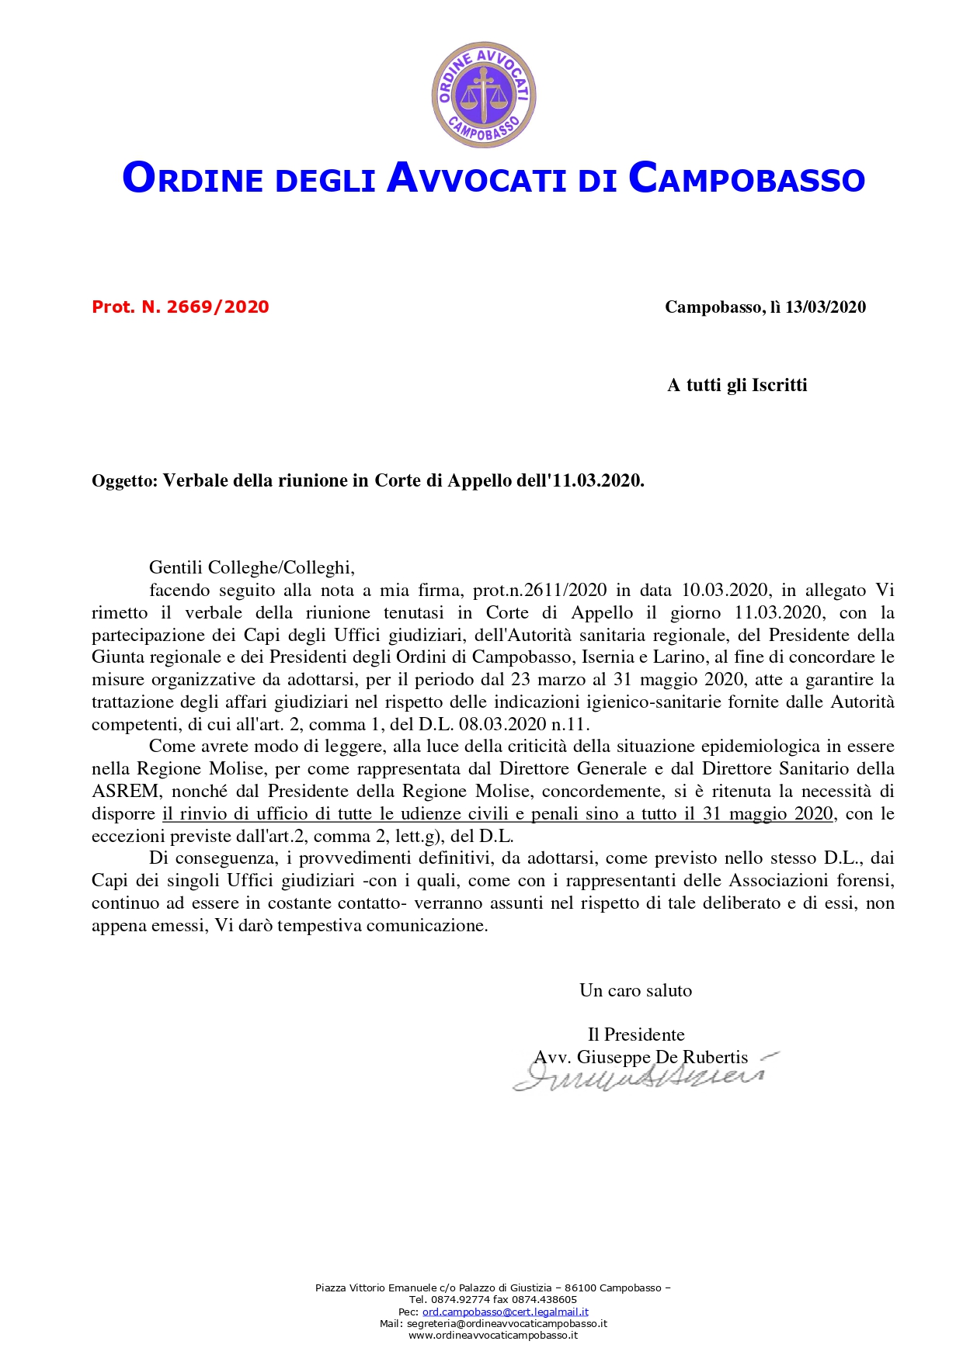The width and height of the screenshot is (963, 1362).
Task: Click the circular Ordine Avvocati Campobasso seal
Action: tap(484, 95)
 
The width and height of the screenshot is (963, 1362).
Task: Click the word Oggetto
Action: tap(124, 481)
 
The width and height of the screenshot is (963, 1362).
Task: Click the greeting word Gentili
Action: tap(176, 568)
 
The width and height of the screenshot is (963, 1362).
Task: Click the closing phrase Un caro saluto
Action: tap(635, 991)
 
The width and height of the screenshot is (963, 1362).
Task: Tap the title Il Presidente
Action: tap(636, 1035)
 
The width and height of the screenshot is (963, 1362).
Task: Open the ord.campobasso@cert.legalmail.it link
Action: tap(505, 1312)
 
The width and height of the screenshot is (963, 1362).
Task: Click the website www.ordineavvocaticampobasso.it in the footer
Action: tap(493, 1336)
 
